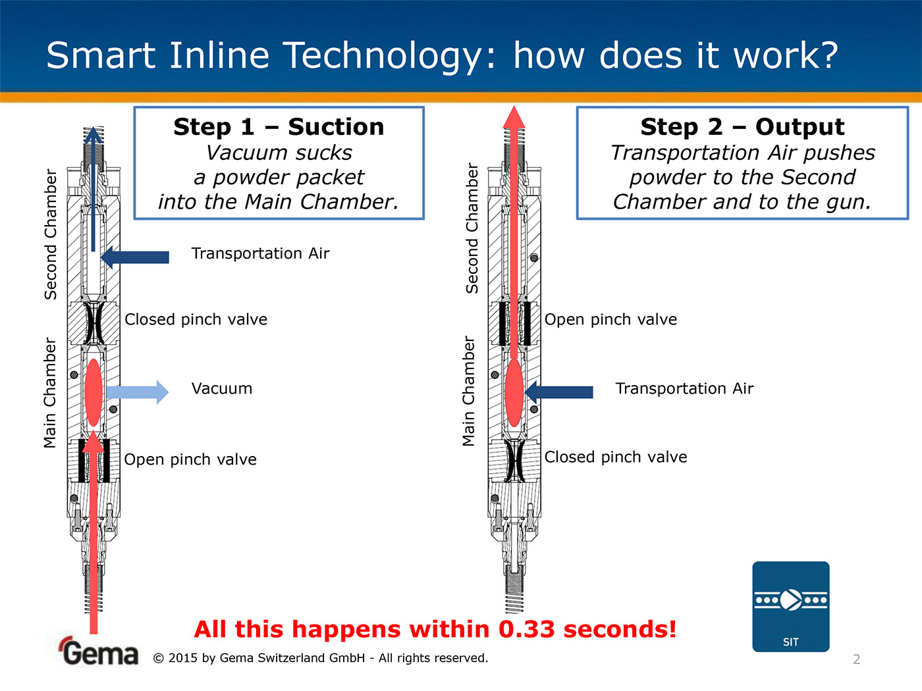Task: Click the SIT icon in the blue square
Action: [790, 606]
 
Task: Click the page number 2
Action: [857, 659]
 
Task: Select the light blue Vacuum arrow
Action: [138, 392]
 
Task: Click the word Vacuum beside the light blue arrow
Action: [222, 388]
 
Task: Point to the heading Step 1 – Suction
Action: [279, 127]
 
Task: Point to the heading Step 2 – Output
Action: [742, 127]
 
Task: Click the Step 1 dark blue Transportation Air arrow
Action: [135, 257]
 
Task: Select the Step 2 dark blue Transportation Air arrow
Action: [558, 392]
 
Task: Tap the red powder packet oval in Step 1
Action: [94, 392]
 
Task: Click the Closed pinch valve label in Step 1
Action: [196, 319]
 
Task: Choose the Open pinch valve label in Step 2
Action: [610, 320]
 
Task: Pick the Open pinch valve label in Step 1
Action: [190, 459]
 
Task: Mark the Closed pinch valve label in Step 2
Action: [616, 457]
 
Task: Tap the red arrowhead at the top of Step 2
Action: [514, 116]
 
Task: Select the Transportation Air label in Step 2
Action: [684, 388]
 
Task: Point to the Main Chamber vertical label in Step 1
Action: [49, 392]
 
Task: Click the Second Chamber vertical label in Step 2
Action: [472, 228]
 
